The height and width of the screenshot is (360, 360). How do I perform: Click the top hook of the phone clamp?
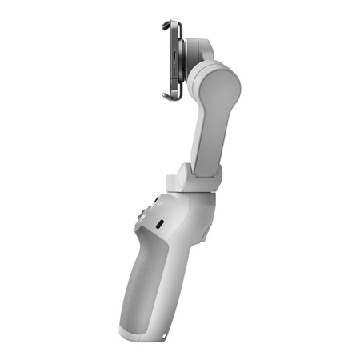pyautogui.click(x=167, y=23)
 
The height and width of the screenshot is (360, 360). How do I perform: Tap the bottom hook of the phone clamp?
pyautogui.click(x=168, y=97)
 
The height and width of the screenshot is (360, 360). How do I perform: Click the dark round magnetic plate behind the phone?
pyautogui.click(x=185, y=60)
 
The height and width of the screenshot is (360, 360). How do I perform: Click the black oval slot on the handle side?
pyautogui.click(x=159, y=222)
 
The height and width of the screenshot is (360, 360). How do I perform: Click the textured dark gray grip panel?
pyautogui.click(x=149, y=280)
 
